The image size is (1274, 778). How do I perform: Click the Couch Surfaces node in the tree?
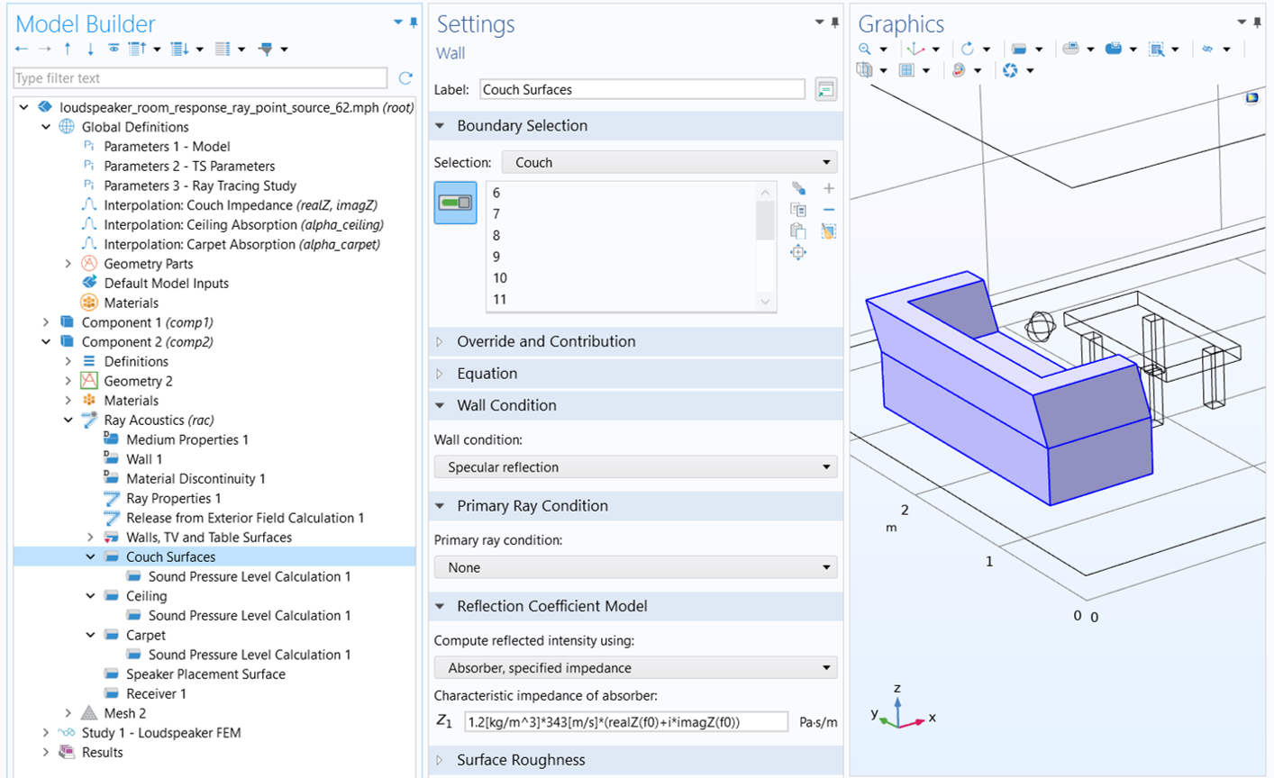tap(170, 556)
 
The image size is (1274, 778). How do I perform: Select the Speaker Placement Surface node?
tap(205, 674)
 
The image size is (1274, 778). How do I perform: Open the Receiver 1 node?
tap(156, 694)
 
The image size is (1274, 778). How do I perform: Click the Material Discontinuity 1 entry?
tap(196, 478)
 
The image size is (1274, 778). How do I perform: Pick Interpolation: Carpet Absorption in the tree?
tap(241, 244)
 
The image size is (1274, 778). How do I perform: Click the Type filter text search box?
tap(200, 77)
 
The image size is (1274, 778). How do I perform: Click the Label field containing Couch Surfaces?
tap(642, 90)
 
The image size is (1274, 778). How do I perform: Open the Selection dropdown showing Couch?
tap(669, 162)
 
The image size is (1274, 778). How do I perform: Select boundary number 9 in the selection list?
tap(496, 257)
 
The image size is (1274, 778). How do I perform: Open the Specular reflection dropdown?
tap(635, 467)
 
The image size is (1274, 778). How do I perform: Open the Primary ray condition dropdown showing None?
tap(635, 567)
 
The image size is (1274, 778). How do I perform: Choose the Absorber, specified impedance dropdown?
tap(635, 668)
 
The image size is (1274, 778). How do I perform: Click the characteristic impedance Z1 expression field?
tap(626, 722)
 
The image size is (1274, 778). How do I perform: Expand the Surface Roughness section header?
tap(521, 760)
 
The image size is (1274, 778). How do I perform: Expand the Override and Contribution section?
tap(546, 341)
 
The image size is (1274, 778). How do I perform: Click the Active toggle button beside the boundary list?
tap(455, 203)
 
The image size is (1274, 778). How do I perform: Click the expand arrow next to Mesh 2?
tap(68, 713)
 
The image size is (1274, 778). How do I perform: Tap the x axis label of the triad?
tap(933, 718)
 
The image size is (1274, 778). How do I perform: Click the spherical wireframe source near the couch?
tap(1040, 327)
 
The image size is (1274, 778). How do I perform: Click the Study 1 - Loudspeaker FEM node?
tap(161, 733)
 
